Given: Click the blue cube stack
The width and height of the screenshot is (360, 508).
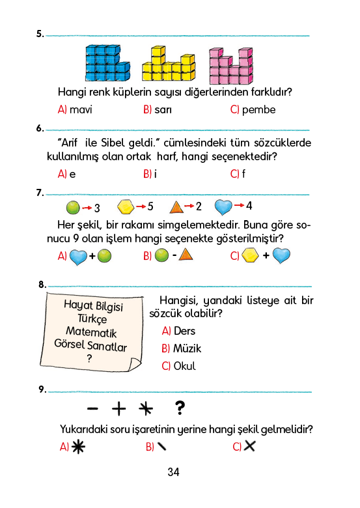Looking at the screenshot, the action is point(107,63).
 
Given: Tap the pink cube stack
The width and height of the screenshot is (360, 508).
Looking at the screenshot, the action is point(231,66).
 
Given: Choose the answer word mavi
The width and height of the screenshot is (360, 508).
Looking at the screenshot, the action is point(81,110).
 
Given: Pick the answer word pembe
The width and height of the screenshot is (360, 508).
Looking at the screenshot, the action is point(258,110).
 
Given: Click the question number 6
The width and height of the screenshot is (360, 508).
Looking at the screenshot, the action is point(40,128).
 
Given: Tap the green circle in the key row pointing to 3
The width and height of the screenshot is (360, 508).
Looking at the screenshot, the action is point(73,207).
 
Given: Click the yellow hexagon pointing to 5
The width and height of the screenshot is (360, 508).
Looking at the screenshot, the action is point(126,207).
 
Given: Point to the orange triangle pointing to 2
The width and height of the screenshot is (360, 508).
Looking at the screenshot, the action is point(176,207).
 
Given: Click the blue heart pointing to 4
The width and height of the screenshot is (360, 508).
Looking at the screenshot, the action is point(223,207).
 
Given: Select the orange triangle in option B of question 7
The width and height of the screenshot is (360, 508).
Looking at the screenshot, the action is point(186,255).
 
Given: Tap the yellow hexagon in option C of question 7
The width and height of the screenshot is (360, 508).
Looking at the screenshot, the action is point(251,255).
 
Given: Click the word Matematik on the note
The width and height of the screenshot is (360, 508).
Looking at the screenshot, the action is point(91,332).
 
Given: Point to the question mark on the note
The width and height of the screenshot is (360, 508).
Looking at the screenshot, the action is point(89,358).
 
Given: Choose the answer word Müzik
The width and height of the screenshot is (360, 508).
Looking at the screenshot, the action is point(187,348).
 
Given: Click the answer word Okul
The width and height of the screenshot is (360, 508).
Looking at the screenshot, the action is point(184,366).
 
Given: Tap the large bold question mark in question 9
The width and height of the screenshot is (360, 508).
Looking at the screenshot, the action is point(180,408).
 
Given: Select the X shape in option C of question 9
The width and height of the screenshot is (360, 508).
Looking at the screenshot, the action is point(249,446).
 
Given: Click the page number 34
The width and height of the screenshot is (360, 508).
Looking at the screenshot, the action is point(174,472).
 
